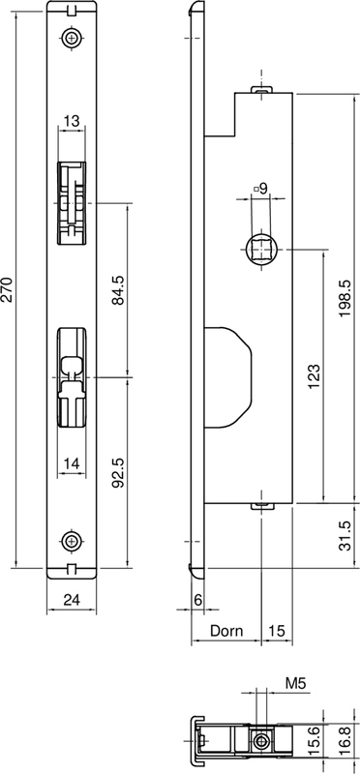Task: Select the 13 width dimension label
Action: (72, 121)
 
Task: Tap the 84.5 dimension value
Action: (118, 290)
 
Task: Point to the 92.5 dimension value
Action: (118, 472)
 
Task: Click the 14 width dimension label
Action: (72, 464)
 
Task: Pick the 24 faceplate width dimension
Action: (73, 599)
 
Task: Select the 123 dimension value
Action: (315, 376)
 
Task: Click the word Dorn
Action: (226, 631)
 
